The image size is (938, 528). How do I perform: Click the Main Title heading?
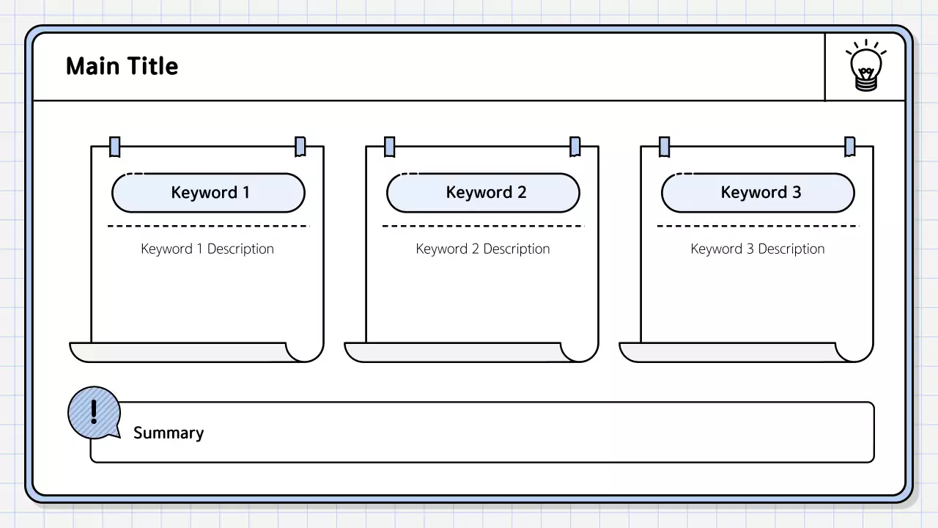pos(122,67)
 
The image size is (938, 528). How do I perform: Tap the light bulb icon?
pos(865,67)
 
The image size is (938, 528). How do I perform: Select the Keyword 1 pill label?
pos(209,193)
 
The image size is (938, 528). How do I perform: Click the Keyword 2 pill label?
pos(484,193)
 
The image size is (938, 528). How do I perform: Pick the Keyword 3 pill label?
pos(758,193)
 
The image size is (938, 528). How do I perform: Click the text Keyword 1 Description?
pos(207,249)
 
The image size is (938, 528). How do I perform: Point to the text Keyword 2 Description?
pos(482,249)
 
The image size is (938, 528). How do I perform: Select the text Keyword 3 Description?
pos(757,249)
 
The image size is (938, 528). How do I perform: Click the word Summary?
pos(169,433)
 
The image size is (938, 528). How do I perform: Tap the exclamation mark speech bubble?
pos(94,413)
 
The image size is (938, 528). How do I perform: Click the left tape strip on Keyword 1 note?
pos(115,147)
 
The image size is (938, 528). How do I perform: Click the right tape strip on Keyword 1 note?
pos(300,147)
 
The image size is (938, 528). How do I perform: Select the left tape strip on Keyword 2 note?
pos(390,147)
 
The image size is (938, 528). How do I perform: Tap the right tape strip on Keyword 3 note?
pos(849,147)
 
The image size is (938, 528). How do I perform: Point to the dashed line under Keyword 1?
pos(208,226)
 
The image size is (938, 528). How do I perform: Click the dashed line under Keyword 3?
pos(758,226)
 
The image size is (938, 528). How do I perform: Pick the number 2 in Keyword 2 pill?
pos(522,193)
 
